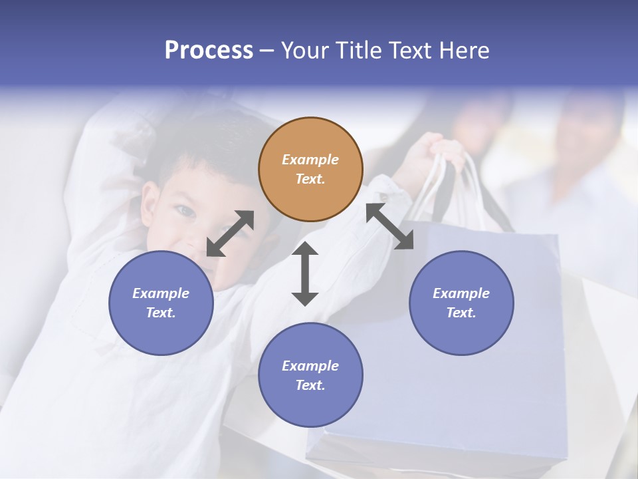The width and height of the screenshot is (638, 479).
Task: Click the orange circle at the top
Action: (x=310, y=169)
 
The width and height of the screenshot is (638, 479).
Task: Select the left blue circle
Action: (x=161, y=303)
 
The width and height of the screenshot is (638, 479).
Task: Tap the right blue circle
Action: (x=461, y=303)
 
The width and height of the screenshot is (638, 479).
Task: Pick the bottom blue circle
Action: (x=310, y=375)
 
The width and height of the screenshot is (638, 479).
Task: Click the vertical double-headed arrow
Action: (x=305, y=273)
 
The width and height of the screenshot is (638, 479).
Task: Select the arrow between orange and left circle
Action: (x=230, y=234)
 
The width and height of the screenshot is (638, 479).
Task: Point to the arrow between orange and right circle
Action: (x=390, y=226)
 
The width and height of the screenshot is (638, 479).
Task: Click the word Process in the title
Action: (x=209, y=51)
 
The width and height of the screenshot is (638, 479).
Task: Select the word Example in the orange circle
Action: (x=310, y=160)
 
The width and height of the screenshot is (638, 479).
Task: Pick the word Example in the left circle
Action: (x=161, y=293)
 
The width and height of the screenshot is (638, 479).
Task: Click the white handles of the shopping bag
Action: (x=459, y=186)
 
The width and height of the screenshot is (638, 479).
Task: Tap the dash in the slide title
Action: (x=267, y=51)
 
